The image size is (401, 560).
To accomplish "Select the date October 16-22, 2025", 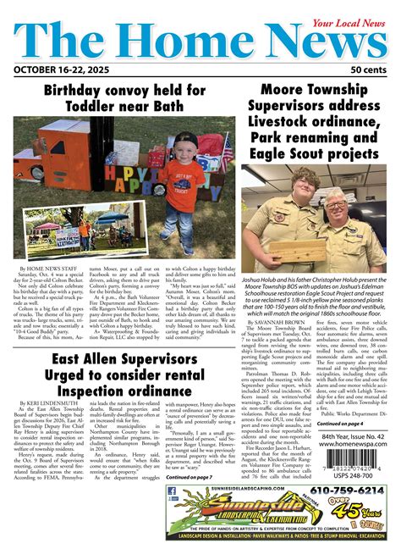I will point(62,69).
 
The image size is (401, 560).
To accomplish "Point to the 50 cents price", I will point(368,69).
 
